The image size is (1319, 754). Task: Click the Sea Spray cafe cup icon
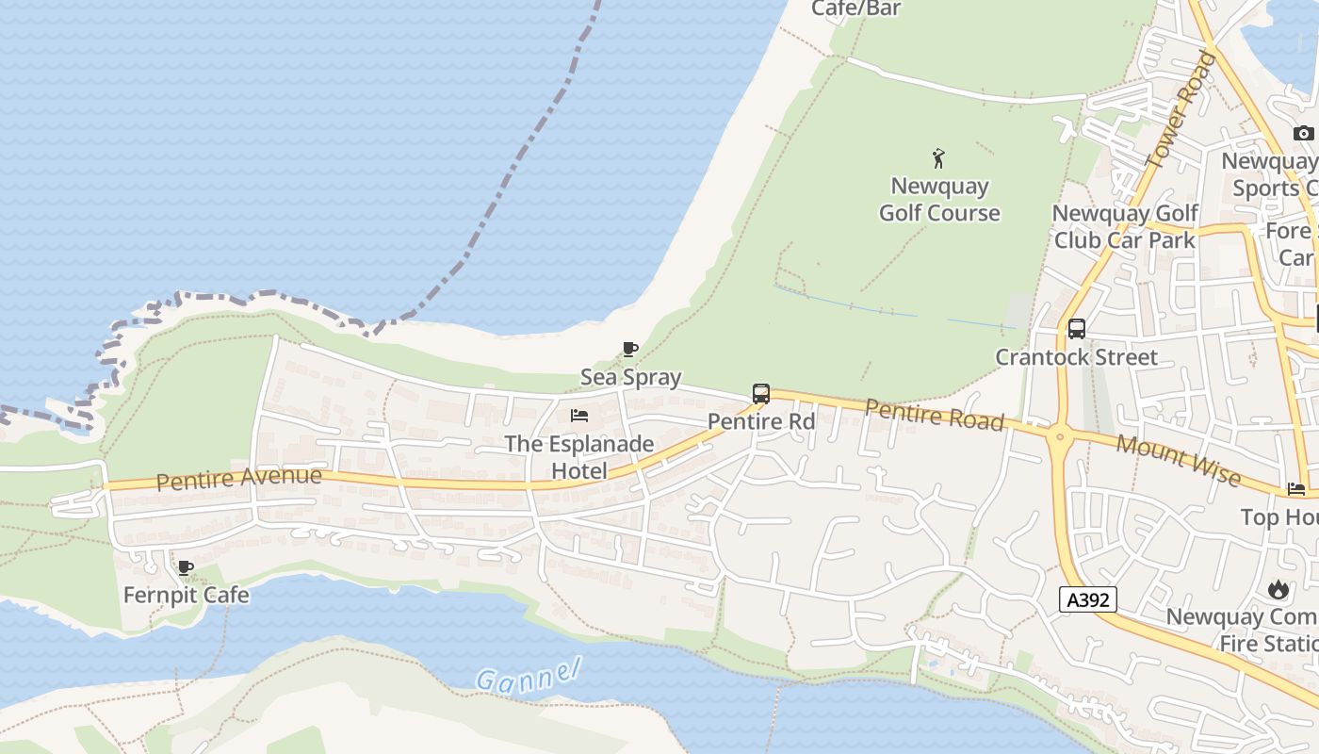click(x=630, y=350)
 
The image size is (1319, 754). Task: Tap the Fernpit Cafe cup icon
click(x=186, y=567)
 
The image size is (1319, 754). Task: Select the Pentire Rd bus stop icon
click(x=761, y=394)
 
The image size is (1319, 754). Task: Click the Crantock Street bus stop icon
click(x=1077, y=329)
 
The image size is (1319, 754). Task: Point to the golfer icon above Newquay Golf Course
click(x=938, y=157)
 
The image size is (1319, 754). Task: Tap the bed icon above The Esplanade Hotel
click(x=579, y=416)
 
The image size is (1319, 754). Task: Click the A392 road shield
click(x=1088, y=599)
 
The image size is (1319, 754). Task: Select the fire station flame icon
click(x=1278, y=590)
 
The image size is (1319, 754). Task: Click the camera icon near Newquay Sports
click(x=1304, y=133)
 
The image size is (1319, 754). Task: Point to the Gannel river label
click(x=527, y=675)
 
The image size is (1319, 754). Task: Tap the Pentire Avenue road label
click(x=238, y=479)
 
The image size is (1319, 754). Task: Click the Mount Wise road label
click(x=1178, y=460)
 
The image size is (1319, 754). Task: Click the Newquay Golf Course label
click(x=939, y=200)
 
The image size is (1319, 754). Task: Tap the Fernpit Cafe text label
click(x=187, y=596)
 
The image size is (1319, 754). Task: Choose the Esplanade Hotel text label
click(x=579, y=456)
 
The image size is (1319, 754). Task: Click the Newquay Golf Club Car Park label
click(x=1125, y=227)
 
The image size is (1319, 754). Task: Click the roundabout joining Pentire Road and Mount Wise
click(x=1060, y=435)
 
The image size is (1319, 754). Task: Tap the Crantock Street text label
click(x=1077, y=357)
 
